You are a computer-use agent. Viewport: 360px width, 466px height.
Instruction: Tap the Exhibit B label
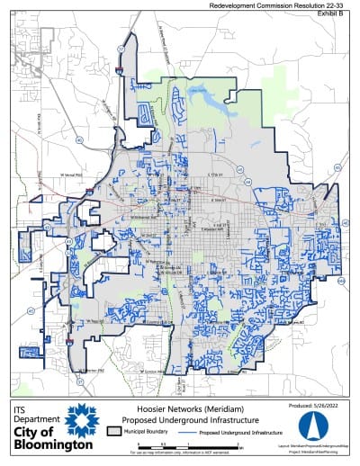pyautogui.click(x=341, y=14)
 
